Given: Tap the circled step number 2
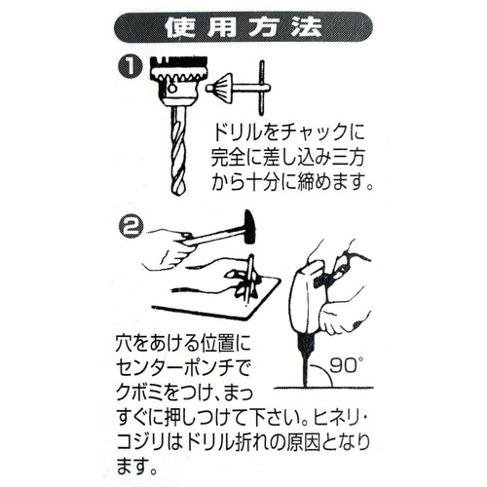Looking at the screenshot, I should [x=128, y=225].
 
